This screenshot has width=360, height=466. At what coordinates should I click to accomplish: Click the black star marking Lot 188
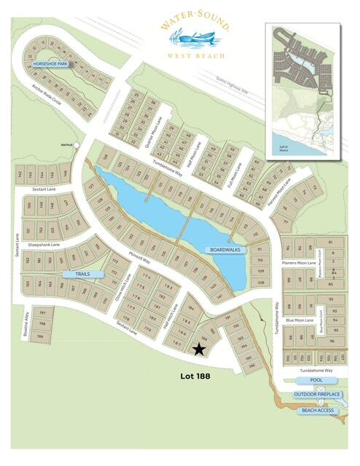199,349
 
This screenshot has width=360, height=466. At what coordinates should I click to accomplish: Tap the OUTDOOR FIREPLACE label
318,395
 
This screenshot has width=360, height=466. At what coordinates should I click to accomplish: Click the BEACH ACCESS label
318,411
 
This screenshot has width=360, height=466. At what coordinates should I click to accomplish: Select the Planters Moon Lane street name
300,263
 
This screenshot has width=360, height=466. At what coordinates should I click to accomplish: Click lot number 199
42,337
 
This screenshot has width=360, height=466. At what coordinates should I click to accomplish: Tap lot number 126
107,157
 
